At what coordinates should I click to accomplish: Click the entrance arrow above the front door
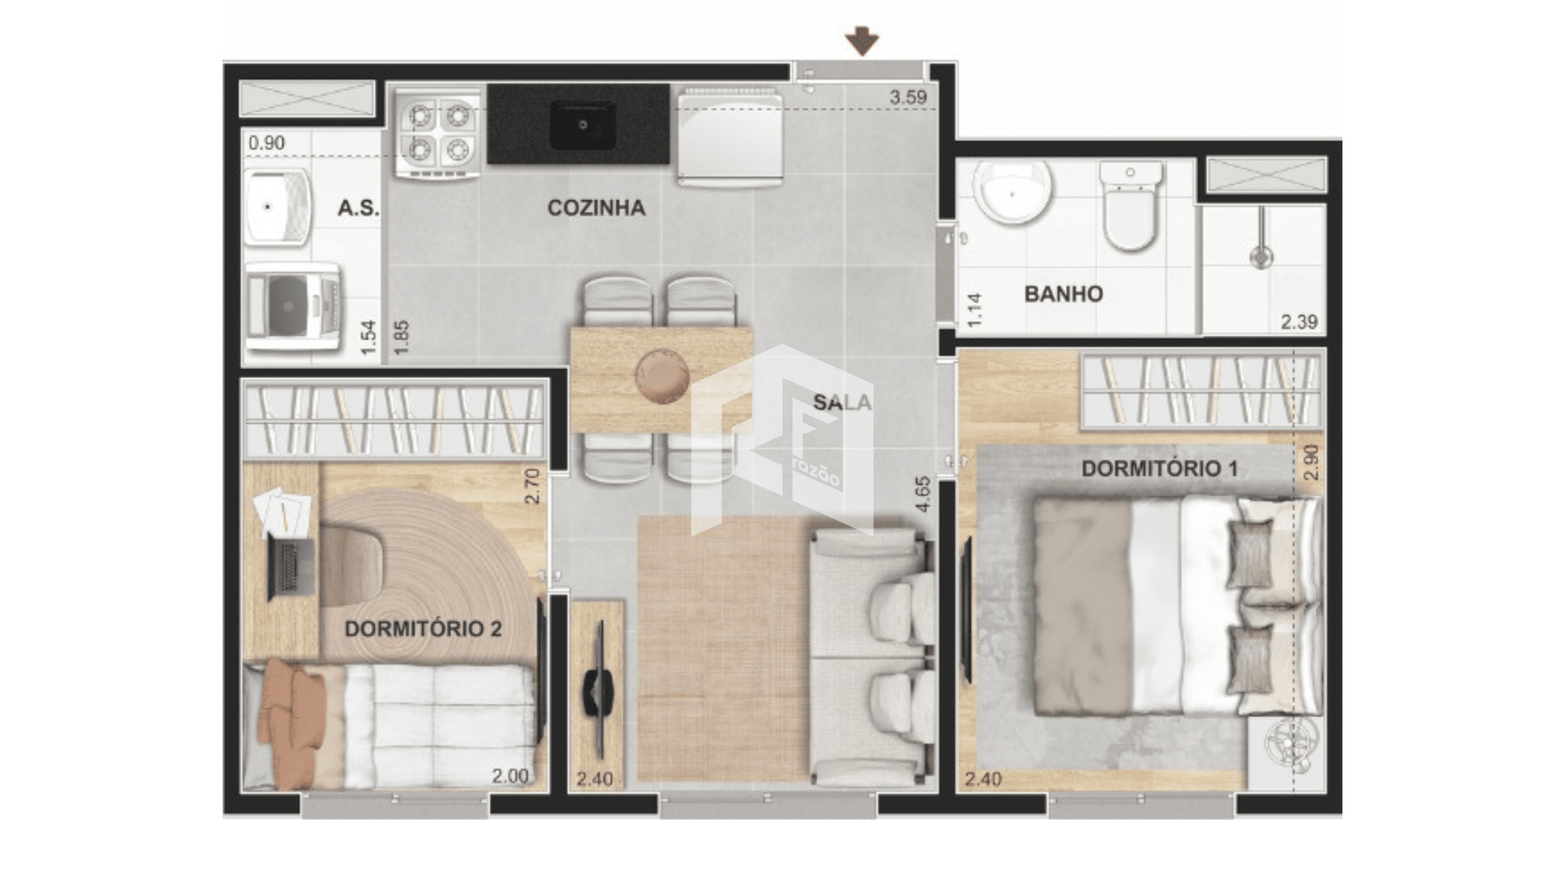(862, 41)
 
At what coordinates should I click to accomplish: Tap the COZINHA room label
(596, 208)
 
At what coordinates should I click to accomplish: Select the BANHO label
(1063, 294)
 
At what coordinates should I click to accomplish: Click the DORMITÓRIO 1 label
(1159, 469)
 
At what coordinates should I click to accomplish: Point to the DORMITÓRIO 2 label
(422, 629)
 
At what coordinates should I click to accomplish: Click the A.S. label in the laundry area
(359, 208)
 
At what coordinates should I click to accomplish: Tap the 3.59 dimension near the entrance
(908, 97)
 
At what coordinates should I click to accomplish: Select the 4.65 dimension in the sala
(923, 494)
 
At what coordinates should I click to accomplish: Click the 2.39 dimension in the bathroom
(1298, 322)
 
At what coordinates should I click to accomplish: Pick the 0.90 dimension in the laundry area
(267, 143)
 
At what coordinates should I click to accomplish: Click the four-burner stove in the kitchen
(439, 132)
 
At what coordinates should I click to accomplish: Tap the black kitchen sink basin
(582, 125)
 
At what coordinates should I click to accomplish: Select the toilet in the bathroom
(1131, 205)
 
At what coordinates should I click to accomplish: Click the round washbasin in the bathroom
(1012, 191)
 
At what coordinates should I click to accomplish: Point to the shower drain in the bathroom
(1261, 258)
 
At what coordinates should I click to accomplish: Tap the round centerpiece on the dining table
(662, 376)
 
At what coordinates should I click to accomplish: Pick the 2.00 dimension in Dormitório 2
(510, 777)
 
